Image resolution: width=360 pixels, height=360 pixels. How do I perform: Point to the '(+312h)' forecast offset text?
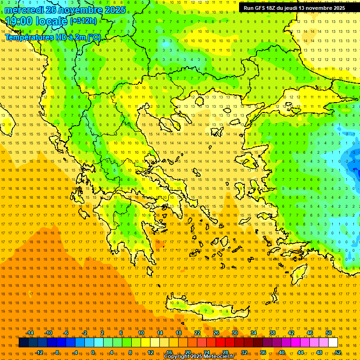(x=83, y=21)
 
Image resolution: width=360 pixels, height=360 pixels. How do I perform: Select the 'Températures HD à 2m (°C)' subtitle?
(x=53, y=37)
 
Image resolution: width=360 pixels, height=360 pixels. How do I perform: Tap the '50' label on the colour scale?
(x=329, y=333)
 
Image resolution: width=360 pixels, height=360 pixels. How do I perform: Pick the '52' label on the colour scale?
(x=338, y=352)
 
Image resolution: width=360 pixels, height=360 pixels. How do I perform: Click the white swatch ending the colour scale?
(x=333, y=343)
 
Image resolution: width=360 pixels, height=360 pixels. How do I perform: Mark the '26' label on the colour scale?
(x=216, y=333)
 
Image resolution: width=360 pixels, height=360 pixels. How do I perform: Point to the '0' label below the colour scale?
(x=93, y=352)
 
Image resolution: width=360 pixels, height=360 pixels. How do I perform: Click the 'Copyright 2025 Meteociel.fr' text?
(x=199, y=357)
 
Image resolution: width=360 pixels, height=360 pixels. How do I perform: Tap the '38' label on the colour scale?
(x=272, y=333)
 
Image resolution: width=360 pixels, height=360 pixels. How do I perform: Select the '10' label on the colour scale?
(x=141, y=333)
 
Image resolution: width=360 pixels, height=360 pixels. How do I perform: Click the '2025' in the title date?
(x=114, y=10)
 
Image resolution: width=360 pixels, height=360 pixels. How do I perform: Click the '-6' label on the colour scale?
(x=66, y=333)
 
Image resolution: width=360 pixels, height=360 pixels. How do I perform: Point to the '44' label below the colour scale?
(x=300, y=352)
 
